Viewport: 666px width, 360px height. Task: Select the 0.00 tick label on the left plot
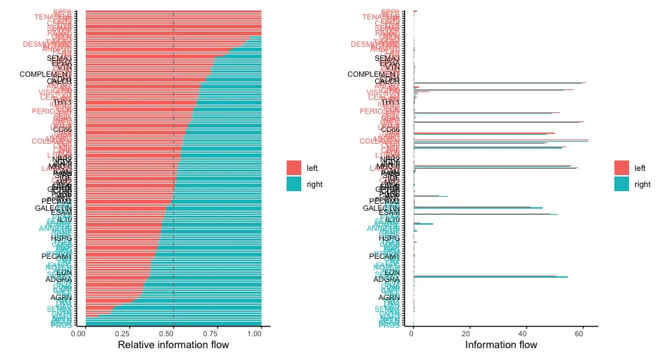(x=80, y=333)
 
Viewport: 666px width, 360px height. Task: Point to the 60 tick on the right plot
(x=580, y=333)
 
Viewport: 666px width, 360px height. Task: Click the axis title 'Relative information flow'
(x=173, y=345)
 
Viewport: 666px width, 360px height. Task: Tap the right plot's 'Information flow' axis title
(x=501, y=345)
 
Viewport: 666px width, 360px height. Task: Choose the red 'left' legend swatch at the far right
(x=621, y=168)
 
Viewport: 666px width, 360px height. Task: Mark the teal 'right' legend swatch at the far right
(x=621, y=184)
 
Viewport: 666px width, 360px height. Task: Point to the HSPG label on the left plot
(x=61, y=238)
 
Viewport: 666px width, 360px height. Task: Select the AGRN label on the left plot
(x=61, y=298)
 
